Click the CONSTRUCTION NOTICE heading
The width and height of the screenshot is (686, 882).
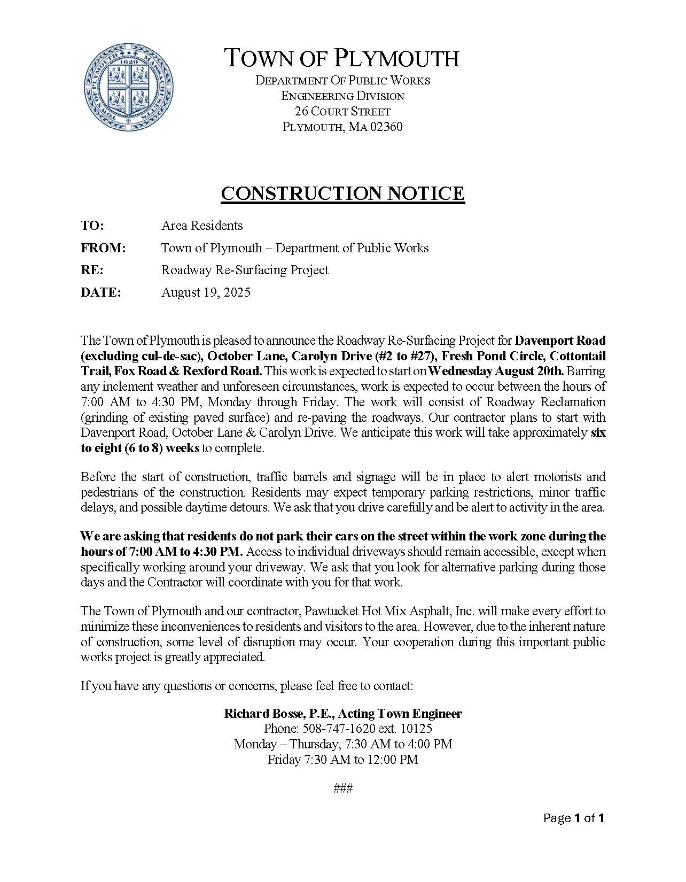click(342, 194)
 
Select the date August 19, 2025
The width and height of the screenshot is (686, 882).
click(206, 292)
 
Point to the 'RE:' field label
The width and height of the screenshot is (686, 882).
click(92, 270)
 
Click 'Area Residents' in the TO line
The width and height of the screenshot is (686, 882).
click(202, 226)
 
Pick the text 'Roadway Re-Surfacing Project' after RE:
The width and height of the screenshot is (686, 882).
click(245, 270)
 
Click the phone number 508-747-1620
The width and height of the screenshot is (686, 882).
click(339, 729)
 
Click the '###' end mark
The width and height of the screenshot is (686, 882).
click(342, 788)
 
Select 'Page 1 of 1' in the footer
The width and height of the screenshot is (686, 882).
click(573, 818)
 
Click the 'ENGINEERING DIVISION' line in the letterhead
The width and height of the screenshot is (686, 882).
click(342, 96)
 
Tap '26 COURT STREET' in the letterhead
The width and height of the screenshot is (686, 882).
click(342, 112)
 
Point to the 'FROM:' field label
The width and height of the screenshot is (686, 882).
click(103, 248)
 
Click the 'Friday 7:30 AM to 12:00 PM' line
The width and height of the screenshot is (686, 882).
click(342, 760)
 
